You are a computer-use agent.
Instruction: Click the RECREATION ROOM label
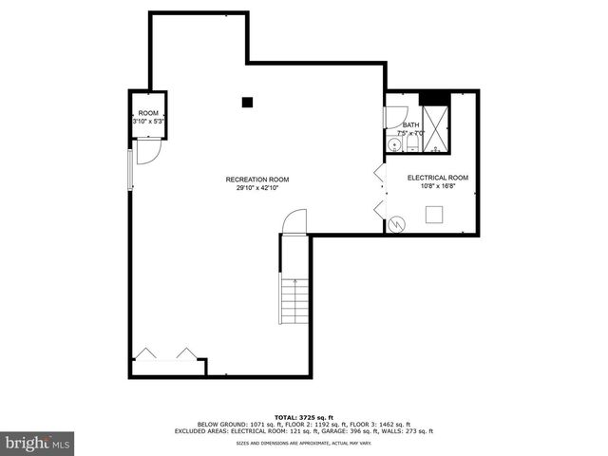pyautogui.click(x=256, y=180)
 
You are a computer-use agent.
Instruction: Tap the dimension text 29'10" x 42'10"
pyautogui.click(x=256, y=188)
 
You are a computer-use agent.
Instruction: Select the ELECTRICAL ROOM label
pyautogui.click(x=438, y=178)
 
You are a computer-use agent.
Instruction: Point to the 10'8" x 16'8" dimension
pyautogui.click(x=438, y=186)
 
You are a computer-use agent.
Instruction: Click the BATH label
pyautogui.click(x=410, y=124)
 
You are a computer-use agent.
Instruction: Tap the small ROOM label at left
pyautogui.click(x=148, y=113)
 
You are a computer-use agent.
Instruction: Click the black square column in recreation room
pyautogui.click(x=247, y=102)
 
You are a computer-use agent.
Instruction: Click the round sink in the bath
pyautogui.click(x=394, y=144)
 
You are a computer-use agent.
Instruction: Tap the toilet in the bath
pyautogui.click(x=413, y=144)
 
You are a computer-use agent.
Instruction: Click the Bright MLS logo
pyautogui.click(x=38, y=443)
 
